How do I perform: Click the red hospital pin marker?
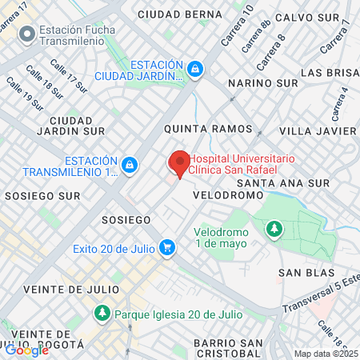pyautogui.click(x=179, y=163)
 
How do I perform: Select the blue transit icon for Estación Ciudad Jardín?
pyautogui.click(x=195, y=70)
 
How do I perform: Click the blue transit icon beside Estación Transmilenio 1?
pyautogui.click(x=130, y=166)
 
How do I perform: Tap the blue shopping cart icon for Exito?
pyautogui.click(x=166, y=248)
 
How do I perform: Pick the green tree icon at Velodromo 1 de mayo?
pyautogui.click(x=274, y=230)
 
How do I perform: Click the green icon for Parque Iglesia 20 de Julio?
pyautogui.click(x=102, y=313)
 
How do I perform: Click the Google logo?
pyautogui.click(x=26, y=350)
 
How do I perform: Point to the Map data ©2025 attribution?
pyautogui.click(x=326, y=354)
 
